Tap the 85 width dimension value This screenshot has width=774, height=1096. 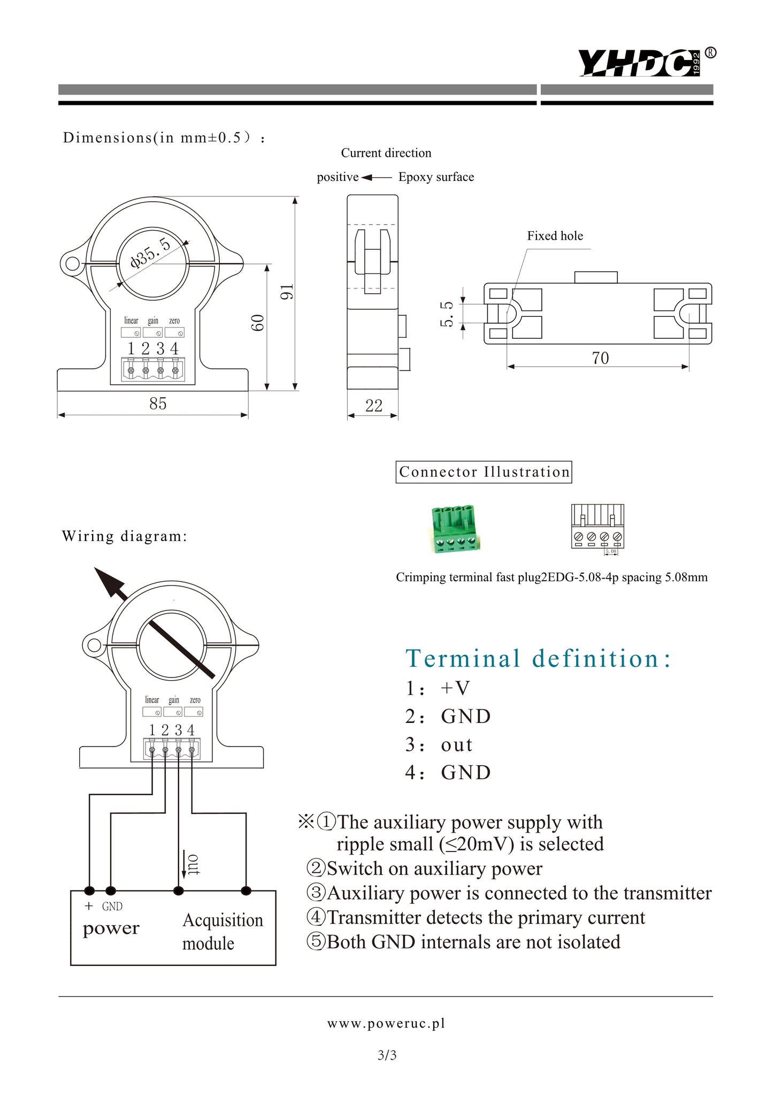pyautogui.click(x=158, y=404)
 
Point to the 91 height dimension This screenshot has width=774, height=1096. pyautogui.click(x=287, y=292)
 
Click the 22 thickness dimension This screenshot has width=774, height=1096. pyautogui.click(x=374, y=406)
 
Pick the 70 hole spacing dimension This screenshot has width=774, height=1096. pyautogui.click(x=600, y=358)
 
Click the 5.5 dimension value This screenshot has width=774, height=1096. pyautogui.click(x=447, y=314)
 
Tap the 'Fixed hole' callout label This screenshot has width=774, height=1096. pyautogui.click(x=555, y=236)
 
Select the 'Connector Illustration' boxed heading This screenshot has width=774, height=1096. pyautogui.click(x=484, y=472)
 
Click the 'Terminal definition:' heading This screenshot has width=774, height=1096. pyautogui.click(x=538, y=658)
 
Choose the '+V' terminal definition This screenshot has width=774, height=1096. pyautogui.click(x=455, y=688)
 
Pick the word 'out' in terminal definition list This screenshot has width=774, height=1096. pyautogui.click(x=457, y=744)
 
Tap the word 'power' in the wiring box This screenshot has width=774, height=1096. pyautogui.click(x=111, y=928)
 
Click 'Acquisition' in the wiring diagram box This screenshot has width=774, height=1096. pyautogui.click(x=223, y=920)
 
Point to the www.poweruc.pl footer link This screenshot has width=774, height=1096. pyautogui.click(x=386, y=1023)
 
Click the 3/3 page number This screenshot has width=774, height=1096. pyautogui.click(x=387, y=1055)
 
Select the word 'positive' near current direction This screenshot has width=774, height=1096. pyautogui.click(x=338, y=177)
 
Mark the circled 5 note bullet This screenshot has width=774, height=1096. pyautogui.click(x=316, y=941)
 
